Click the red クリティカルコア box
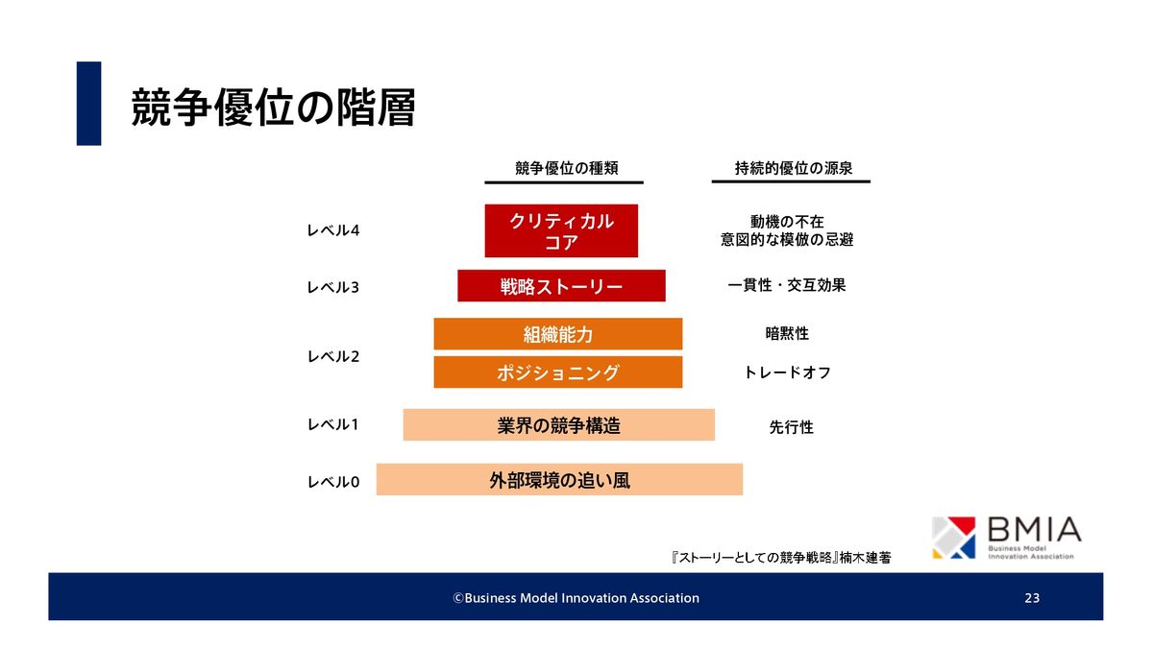tap(561, 230)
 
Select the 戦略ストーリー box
tap(561, 285)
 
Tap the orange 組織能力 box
tap(558, 334)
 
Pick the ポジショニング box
tap(558, 372)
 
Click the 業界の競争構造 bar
tap(559, 424)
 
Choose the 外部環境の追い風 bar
tap(559, 479)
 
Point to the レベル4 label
tap(333, 230)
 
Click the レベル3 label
tap(333, 287)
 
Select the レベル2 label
tap(333, 356)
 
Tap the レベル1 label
tap(332, 424)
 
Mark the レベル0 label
tap(333, 482)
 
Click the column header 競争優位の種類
tap(566, 168)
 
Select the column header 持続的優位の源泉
tap(794, 168)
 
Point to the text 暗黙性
tap(787, 334)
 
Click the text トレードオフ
tap(788, 372)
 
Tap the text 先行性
tap(791, 427)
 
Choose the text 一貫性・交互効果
tap(787, 285)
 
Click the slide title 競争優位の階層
tap(273, 108)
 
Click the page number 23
tap(1032, 597)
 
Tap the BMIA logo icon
tap(954, 538)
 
